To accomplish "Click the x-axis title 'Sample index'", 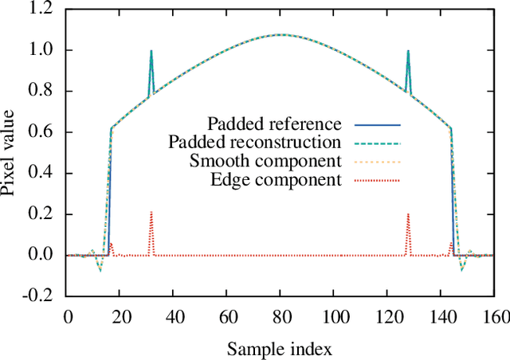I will tap(279, 348).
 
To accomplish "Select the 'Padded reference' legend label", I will tap(274, 124).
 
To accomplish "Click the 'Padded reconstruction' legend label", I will tap(255, 143).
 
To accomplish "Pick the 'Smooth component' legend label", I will tap(265, 161).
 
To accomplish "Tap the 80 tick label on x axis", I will tap(280, 316).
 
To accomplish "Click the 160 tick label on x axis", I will tap(493, 316).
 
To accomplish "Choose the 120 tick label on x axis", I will tap(386, 316).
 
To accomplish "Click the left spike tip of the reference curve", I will tap(151, 51).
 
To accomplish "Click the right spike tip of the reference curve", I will tap(408, 51).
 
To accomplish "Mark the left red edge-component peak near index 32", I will tap(151, 213).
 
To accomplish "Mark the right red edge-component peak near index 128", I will tap(408, 213).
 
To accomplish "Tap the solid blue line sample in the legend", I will tap(375, 125).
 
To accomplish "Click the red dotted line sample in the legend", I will tap(375, 180).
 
